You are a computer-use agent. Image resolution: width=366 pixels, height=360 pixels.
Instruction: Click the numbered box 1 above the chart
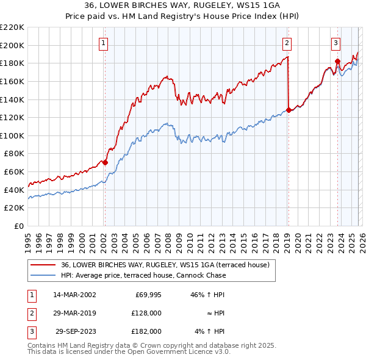pyautogui.click(x=104, y=43)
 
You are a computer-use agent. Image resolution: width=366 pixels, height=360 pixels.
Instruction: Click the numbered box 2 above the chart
pyautogui.click(x=287, y=43)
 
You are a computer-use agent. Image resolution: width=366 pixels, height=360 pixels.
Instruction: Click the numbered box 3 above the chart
pyautogui.click(x=336, y=43)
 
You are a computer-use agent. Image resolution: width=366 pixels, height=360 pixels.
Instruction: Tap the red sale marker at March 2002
pyautogui.click(x=105, y=162)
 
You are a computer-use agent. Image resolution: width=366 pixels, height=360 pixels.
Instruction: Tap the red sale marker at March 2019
pyautogui.click(x=288, y=110)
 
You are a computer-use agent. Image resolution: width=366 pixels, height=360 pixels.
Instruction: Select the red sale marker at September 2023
pyautogui.click(x=337, y=61)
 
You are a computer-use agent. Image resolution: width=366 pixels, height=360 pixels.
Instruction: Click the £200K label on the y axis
pyautogui.click(x=12, y=45)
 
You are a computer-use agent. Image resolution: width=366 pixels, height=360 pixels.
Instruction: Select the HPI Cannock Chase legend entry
pyautogui.click(x=143, y=275)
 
